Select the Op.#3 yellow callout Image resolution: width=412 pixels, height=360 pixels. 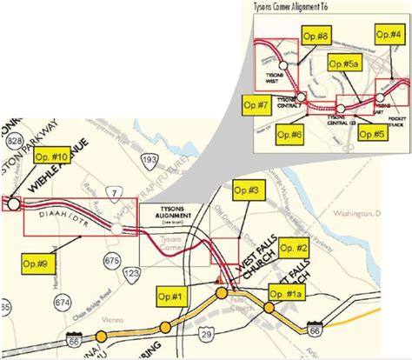(246, 190)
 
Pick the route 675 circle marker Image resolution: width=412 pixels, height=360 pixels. (110, 260)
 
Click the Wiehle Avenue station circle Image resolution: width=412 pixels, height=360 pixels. (13, 203)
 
